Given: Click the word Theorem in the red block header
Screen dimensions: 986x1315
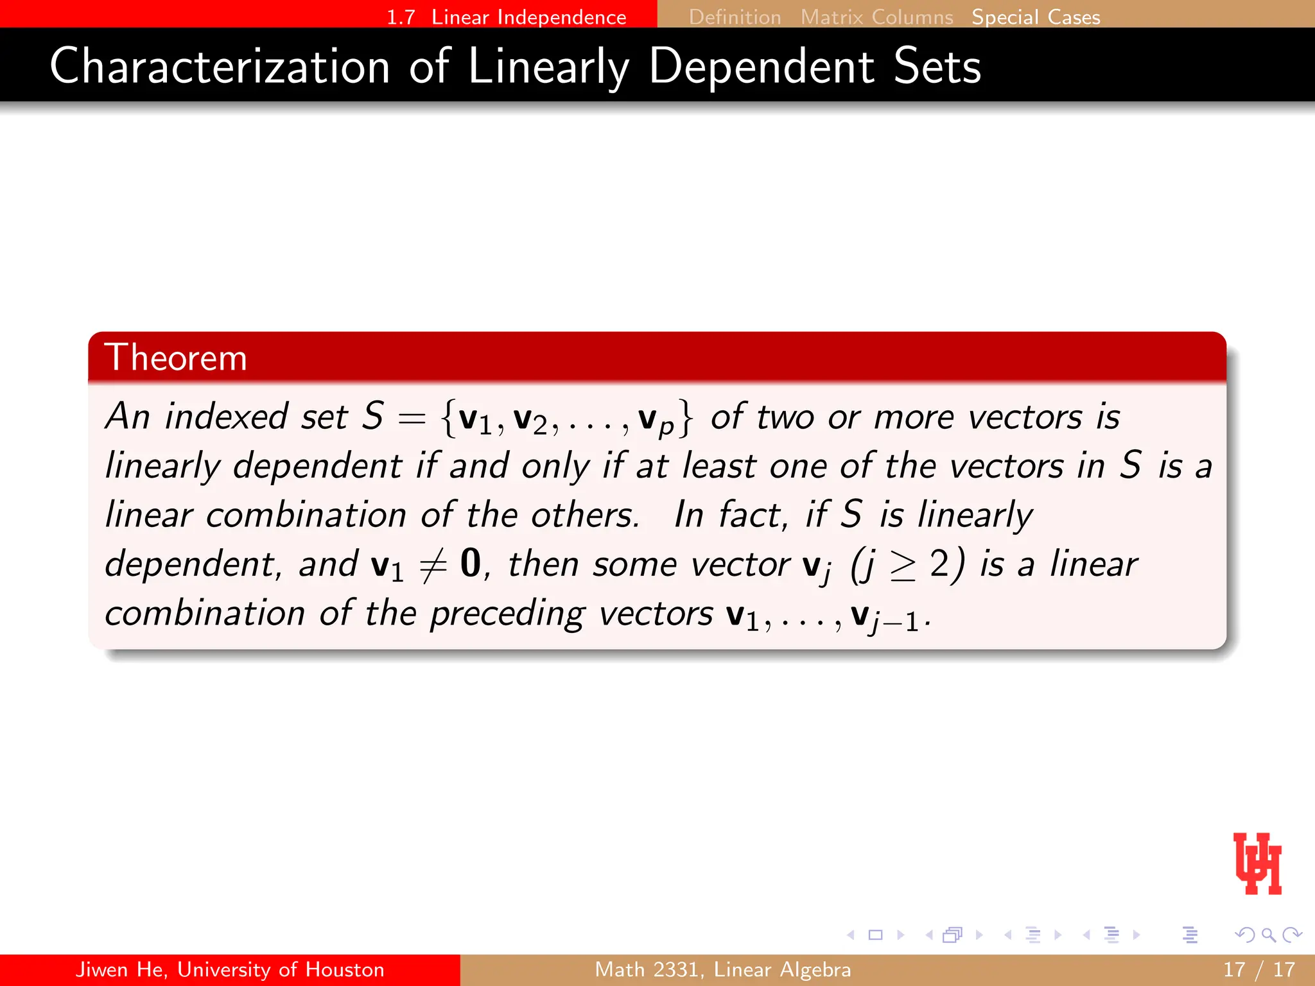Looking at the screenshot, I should pos(175,358).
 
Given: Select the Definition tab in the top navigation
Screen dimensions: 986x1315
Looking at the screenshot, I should pos(735,17).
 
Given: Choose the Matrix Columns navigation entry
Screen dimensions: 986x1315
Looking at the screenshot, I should pos(876,17).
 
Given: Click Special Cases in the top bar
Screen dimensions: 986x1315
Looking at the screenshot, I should pos(1036,17).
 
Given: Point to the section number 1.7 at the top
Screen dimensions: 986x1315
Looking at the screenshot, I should pos(401,17).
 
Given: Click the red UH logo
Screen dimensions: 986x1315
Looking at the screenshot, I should pos(1257,863).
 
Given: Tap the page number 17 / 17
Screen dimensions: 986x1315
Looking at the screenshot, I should pos(1258,969).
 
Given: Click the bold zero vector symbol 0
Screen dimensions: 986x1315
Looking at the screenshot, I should pos(471,563).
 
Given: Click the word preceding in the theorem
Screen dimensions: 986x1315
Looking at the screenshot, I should pos(507,614).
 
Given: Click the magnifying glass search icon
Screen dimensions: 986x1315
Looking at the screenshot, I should pos(1268,935).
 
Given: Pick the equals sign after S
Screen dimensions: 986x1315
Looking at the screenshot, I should pos(412,419).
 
